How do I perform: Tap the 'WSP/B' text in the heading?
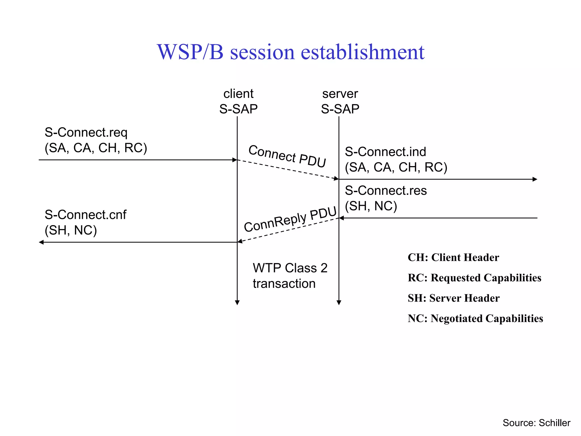[190, 52]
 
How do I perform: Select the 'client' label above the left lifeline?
[238, 94]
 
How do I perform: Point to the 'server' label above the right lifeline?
[340, 94]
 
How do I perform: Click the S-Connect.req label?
[86, 133]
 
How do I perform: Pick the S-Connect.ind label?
[385, 152]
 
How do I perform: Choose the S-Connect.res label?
[386, 190]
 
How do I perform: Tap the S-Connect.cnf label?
[85, 215]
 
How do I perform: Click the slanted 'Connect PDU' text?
[287, 156]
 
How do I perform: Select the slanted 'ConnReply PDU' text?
[290, 219]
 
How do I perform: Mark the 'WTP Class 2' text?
[290, 268]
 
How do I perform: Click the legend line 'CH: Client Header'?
[453, 257]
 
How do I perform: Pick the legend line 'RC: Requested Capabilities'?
[474, 278]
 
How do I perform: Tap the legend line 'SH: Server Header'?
[453, 298]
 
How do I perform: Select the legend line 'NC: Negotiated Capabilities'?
[475, 318]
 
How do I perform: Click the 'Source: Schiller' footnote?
[536, 423]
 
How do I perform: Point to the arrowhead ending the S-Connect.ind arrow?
[535, 179]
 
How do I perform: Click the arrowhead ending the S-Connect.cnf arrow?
[41, 242]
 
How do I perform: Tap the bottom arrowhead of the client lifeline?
[237, 303]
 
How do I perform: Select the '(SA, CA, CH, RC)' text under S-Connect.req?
[96, 148]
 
